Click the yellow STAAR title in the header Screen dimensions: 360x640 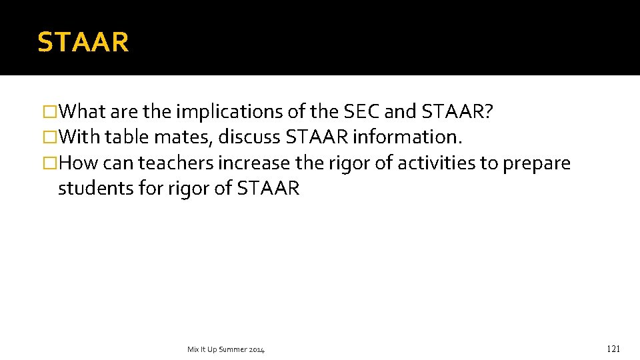click(83, 42)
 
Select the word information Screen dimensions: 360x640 click(407, 137)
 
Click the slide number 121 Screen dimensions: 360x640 click(613, 349)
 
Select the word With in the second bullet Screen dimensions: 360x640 click(79, 137)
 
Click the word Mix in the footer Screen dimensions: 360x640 click(193, 349)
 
